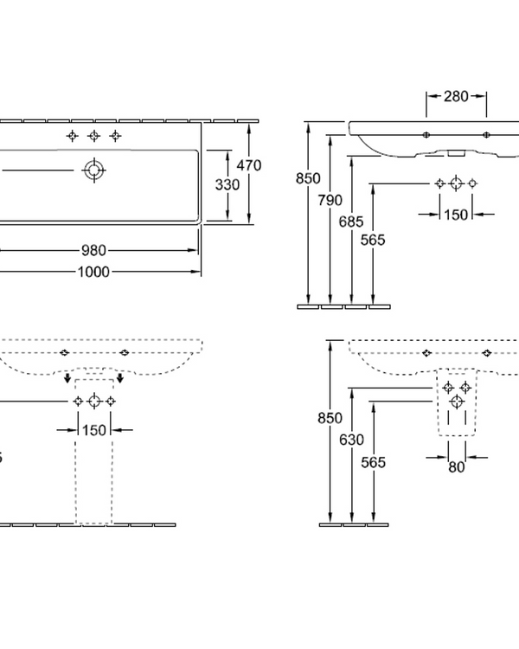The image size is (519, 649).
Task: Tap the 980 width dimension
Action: point(94,251)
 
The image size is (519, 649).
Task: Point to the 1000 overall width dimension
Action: point(94,271)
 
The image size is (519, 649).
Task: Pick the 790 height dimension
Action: point(329,200)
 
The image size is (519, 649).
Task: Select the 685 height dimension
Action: point(351,222)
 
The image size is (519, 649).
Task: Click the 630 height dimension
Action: point(350,440)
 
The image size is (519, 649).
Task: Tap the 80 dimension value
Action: point(457,467)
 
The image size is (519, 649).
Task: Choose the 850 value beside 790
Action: point(306,179)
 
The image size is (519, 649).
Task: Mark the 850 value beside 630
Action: point(330,418)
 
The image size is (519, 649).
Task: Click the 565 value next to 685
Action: point(373,240)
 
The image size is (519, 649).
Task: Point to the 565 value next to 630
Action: point(373,462)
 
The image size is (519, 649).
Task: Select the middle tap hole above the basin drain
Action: point(93,136)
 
